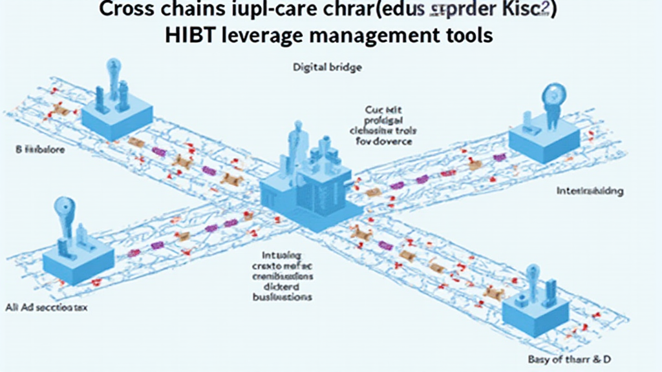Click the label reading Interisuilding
590,192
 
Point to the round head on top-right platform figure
554,94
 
